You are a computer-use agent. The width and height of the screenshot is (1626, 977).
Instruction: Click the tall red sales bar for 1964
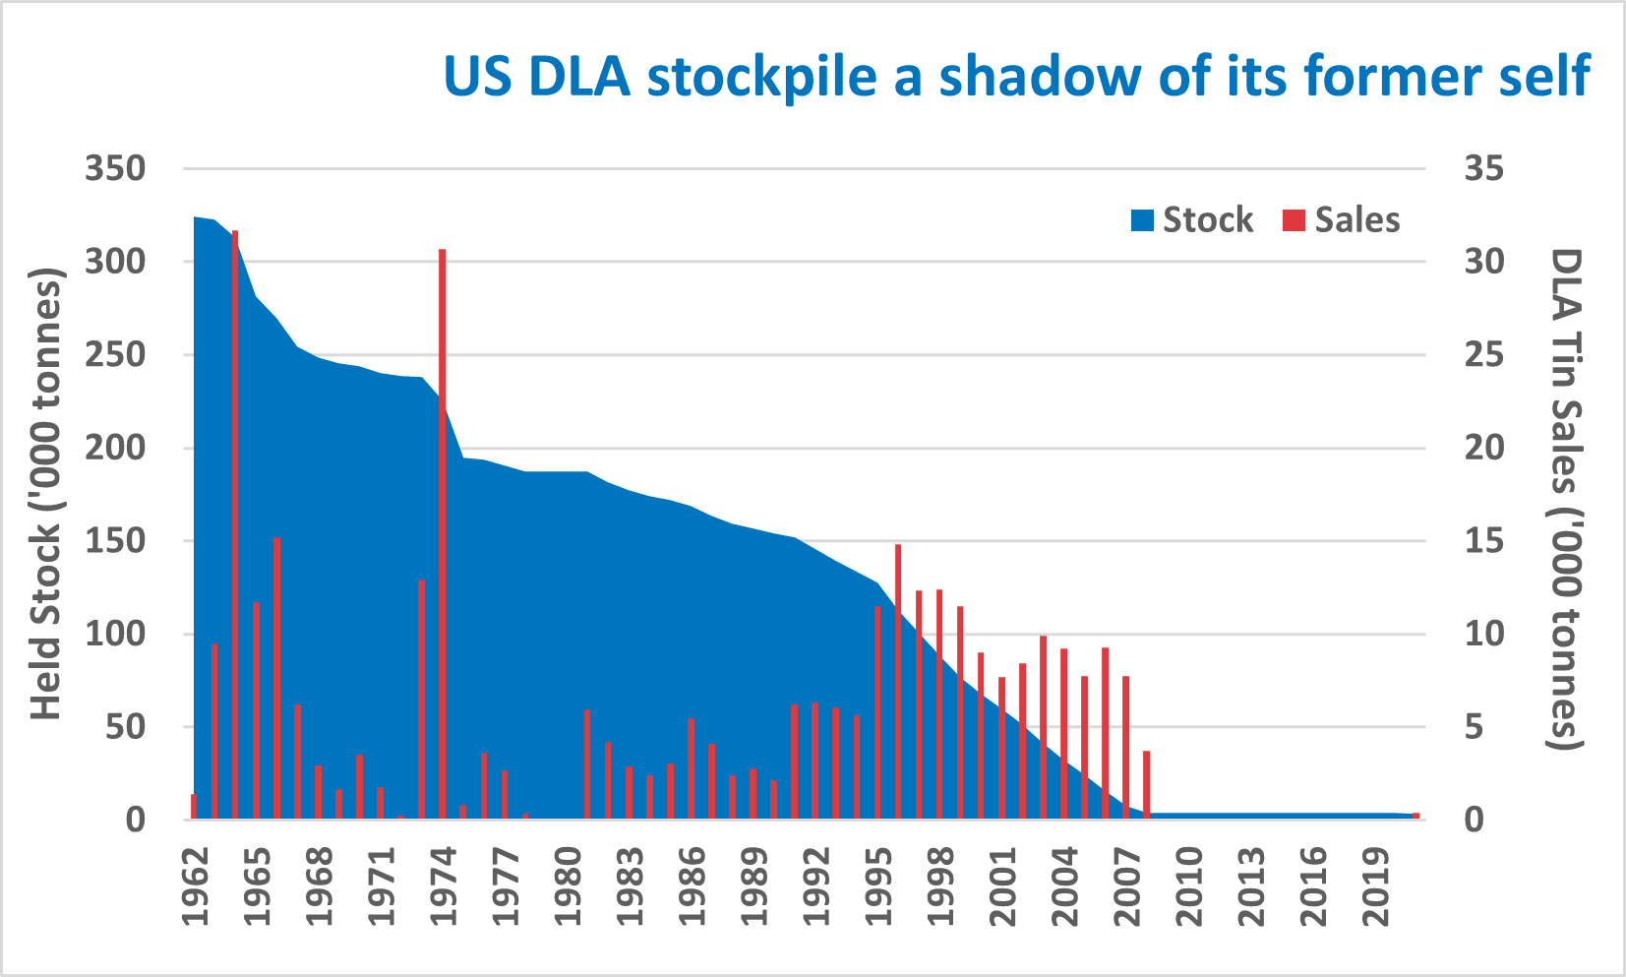click(x=235, y=521)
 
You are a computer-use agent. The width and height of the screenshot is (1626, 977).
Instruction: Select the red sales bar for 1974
click(x=443, y=531)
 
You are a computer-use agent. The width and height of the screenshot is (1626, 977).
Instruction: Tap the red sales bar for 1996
click(x=898, y=679)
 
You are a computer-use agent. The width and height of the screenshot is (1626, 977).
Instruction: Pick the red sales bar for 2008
click(x=1147, y=784)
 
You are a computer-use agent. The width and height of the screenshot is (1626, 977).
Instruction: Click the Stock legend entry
click(x=1192, y=219)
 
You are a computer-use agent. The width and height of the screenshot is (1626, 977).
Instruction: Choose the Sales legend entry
click(x=1342, y=219)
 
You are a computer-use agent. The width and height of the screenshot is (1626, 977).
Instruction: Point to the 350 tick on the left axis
click(x=115, y=168)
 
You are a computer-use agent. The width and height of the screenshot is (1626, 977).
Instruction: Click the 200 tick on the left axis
click(x=115, y=448)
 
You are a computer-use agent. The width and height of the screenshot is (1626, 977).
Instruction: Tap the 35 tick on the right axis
click(x=1483, y=168)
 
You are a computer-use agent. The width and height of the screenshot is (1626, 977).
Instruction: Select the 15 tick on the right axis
click(x=1483, y=541)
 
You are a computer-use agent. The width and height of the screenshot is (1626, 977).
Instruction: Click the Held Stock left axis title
click(x=46, y=493)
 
